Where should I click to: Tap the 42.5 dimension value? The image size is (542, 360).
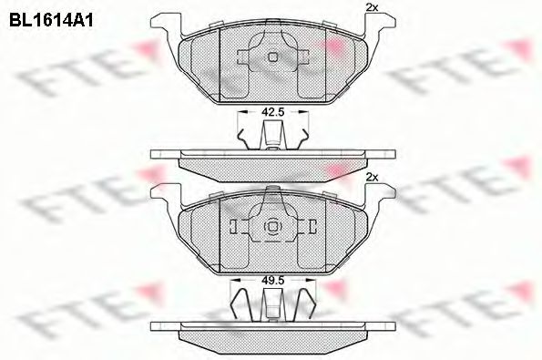click(270, 113)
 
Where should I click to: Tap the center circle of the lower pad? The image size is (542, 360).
click(270, 227)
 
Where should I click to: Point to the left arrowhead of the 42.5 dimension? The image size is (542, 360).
click(240, 113)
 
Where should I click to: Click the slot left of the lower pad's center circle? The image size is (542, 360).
click(235, 227)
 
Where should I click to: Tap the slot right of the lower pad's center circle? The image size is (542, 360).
click(305, 227)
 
